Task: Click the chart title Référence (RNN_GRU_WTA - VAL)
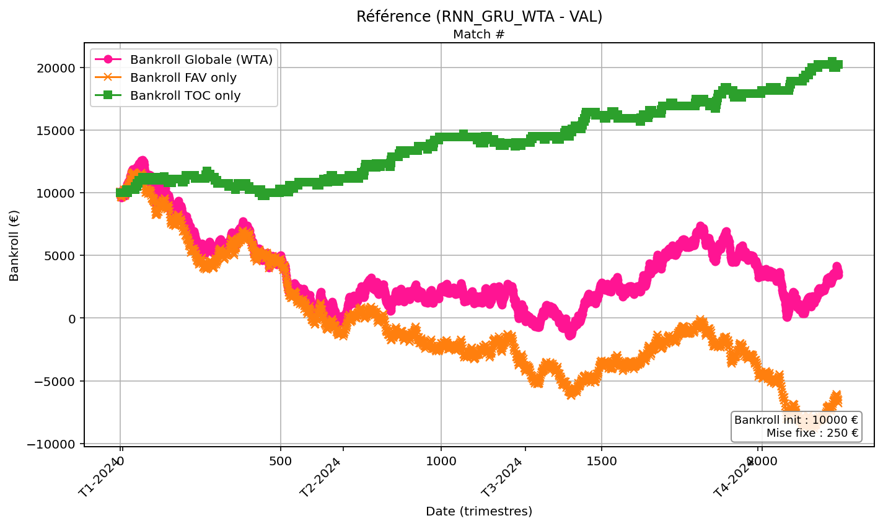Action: (x=479, y=17)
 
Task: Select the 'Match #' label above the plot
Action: (x=479, y=35)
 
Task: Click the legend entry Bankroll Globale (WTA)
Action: (x=201, y=59)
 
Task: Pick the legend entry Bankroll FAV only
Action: (x=183, y=77)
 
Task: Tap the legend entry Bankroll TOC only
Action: (x=185, y=95)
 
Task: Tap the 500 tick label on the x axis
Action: (x=281, y=462)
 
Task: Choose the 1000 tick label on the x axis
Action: (x=441, y=462)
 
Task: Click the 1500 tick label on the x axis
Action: (x=601, y=462)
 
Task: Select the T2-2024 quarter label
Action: (x=321, y=478)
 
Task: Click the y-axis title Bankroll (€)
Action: (x=14, y=245)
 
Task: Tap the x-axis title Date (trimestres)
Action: (x=479, y=512)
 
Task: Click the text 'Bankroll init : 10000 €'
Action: (x=796, y=420)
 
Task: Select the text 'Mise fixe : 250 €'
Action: (x=812, y=433)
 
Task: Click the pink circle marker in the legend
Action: (x=108, y=59)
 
